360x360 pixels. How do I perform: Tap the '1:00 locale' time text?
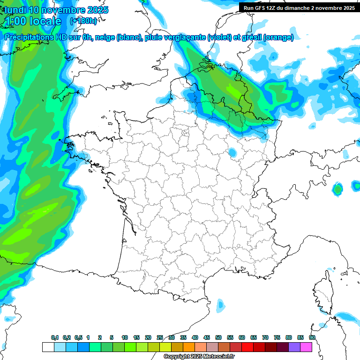[x=33, y=21]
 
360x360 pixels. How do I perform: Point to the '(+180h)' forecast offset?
[x=83, y=21]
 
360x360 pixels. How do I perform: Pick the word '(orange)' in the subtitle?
[x=278, y=37]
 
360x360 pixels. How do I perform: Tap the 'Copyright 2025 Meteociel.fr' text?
[x=200, y=357]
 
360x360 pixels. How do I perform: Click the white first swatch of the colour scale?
[x=48, y=347]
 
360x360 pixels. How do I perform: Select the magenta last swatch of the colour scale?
[x=307, y=347]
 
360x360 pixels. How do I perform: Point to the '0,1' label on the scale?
[x=55, y=337]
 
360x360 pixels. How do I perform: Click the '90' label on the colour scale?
[x=312, y=337]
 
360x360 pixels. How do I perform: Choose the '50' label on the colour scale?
[x=218, y=337]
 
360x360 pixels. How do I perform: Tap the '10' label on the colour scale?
[x=125, y=337]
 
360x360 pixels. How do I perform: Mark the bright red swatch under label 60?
[x=247, y=347]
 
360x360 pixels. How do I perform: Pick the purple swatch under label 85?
[x=294, y=347]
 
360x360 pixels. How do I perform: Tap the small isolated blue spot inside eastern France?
[x=232, y=152]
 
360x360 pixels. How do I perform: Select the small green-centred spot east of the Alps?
[x=337, y=189]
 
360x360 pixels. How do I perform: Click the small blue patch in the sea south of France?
[x=221, y=306]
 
